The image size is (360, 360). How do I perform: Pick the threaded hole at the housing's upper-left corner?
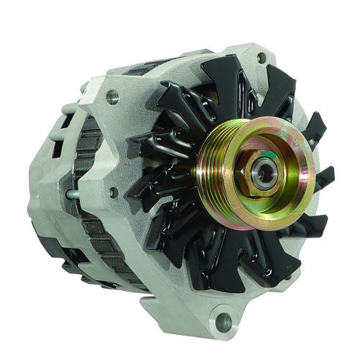[112, 99]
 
